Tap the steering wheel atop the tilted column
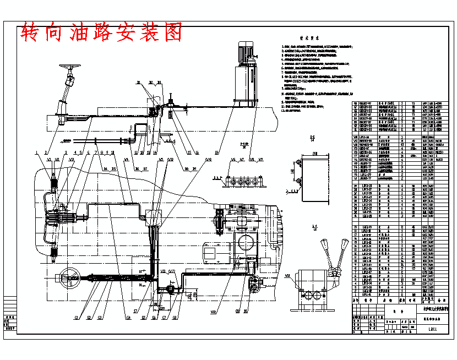[x=69, y=69]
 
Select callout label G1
[x=75, y=317]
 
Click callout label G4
[x=128, y=317]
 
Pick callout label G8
[x=175, y=317]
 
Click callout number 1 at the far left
[x=36, y=152]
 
